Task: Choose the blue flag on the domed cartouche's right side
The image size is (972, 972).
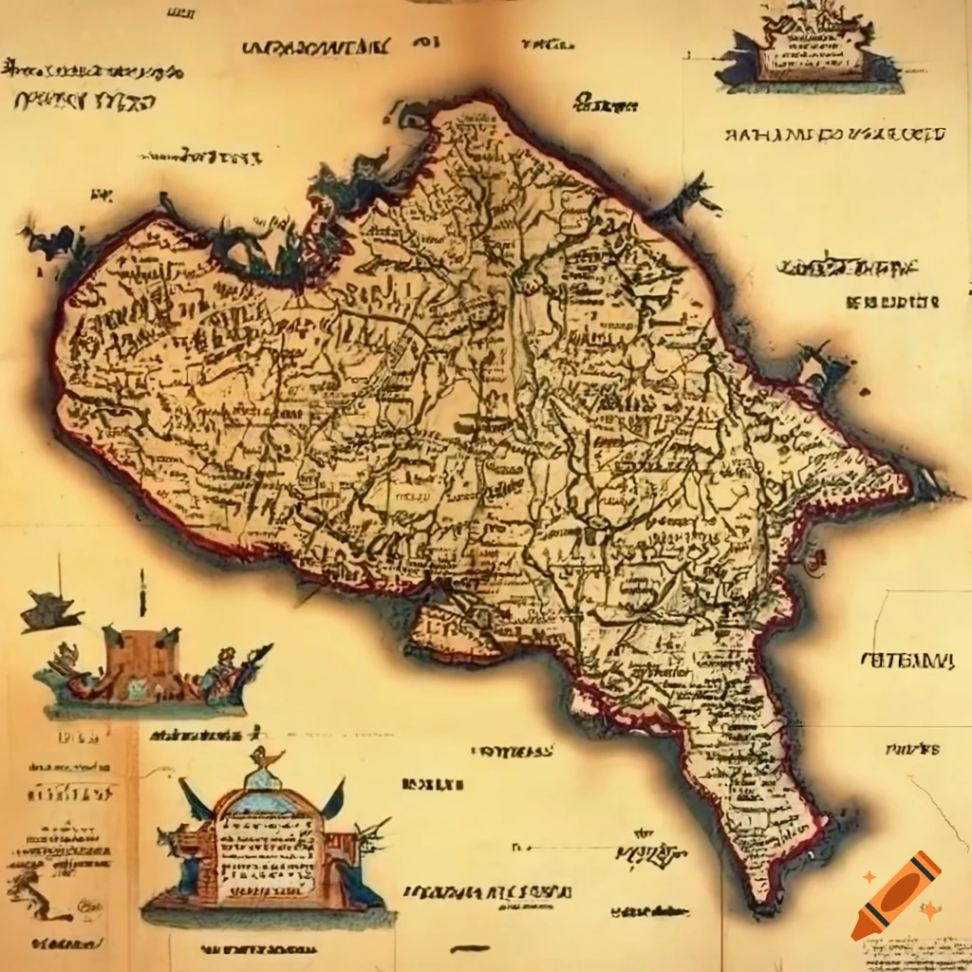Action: tap(334, 800)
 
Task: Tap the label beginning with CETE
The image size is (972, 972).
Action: tap(907, 660)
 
